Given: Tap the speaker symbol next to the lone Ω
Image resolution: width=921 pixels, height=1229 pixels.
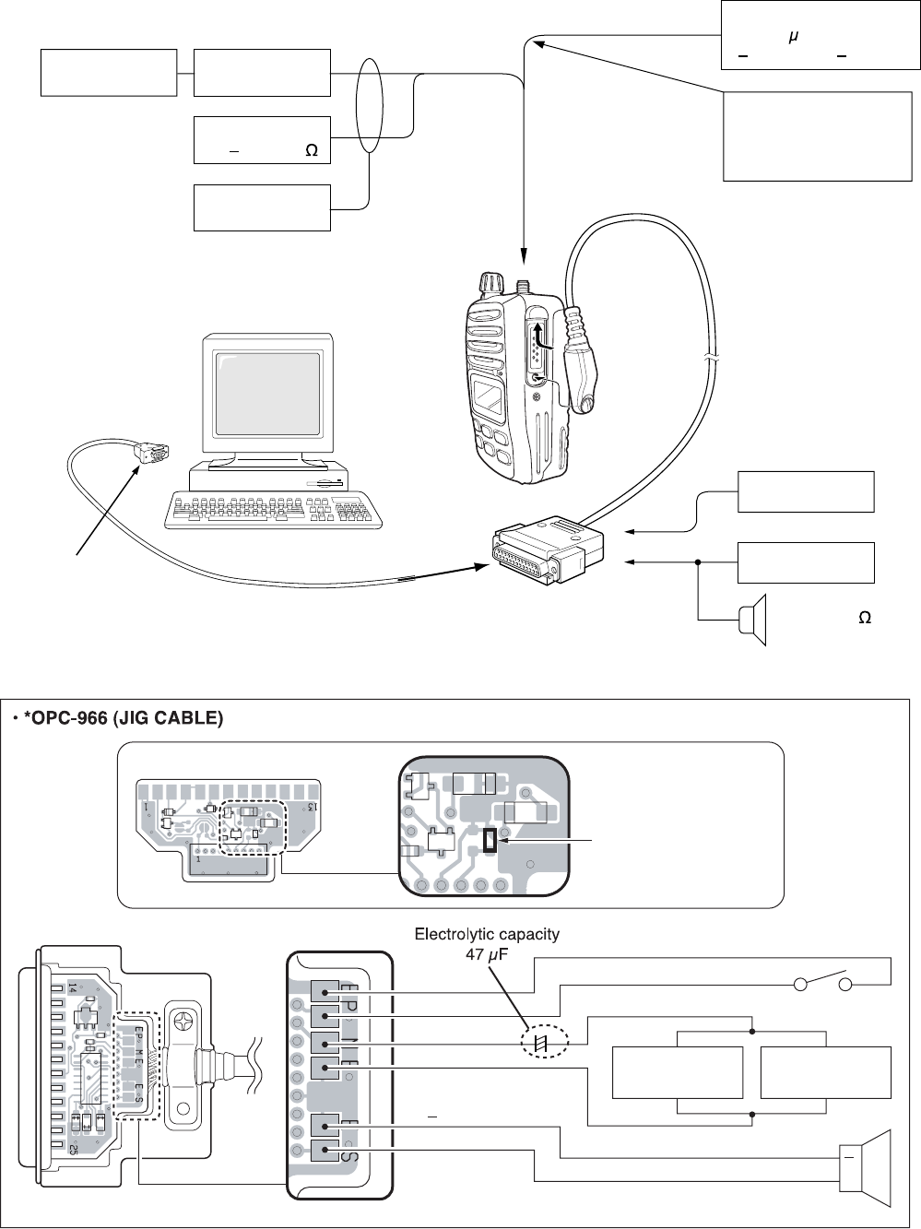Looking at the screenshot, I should click(x=755, y=620).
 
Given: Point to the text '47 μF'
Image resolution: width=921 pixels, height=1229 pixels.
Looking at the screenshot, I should click(x=487, y=954).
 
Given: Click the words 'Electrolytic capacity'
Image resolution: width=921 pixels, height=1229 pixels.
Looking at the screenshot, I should click(x=487, y=934).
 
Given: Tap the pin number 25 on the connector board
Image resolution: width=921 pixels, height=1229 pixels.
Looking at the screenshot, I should click(x=72, y=1148).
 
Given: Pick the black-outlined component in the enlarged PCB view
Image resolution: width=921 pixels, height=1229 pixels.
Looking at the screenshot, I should click(x=489, y=840).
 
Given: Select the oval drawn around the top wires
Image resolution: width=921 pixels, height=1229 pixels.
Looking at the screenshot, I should click(x=369, y=106).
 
